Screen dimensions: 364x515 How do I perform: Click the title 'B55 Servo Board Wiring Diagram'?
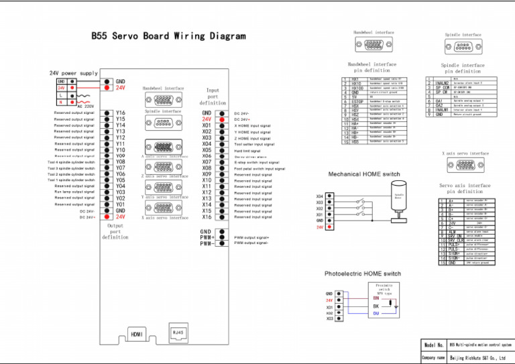[x=168, y=36]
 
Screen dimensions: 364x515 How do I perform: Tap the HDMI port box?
[x=137, y=333]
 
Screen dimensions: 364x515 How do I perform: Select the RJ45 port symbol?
[x=178, y=332]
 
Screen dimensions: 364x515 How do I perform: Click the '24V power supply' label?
[x=73, y=72]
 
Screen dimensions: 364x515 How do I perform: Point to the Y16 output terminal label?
[x=120, y=113]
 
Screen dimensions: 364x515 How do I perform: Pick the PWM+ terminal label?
[x=207, y=237]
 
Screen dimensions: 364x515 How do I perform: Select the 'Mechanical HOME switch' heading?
[x=364, y=174]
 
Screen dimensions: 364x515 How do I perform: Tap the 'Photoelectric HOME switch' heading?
[x=363, y=274]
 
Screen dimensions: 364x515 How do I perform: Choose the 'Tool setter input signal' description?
[x=254, y=144]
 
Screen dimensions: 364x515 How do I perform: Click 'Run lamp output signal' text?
[x=74, y=192]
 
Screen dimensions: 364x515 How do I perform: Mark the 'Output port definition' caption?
[x=115, y=231]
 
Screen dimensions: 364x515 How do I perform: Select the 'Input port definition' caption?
[x=213, y=97]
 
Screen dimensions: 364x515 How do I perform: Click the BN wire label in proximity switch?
[x=376, y=298]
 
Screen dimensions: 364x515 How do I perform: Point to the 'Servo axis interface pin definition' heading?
[x=465, y=188]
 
